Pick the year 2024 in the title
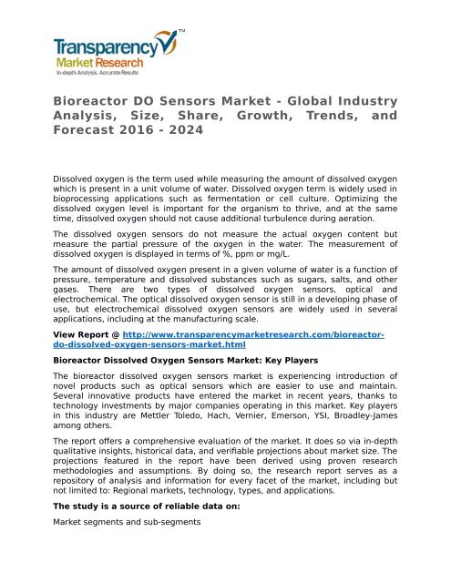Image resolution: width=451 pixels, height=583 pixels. click(184, 129)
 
